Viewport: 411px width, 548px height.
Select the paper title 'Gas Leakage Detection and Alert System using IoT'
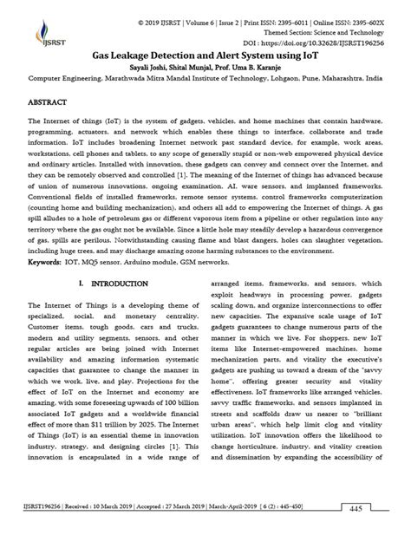point(205,53)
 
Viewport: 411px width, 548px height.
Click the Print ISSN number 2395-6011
point(271,17)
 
